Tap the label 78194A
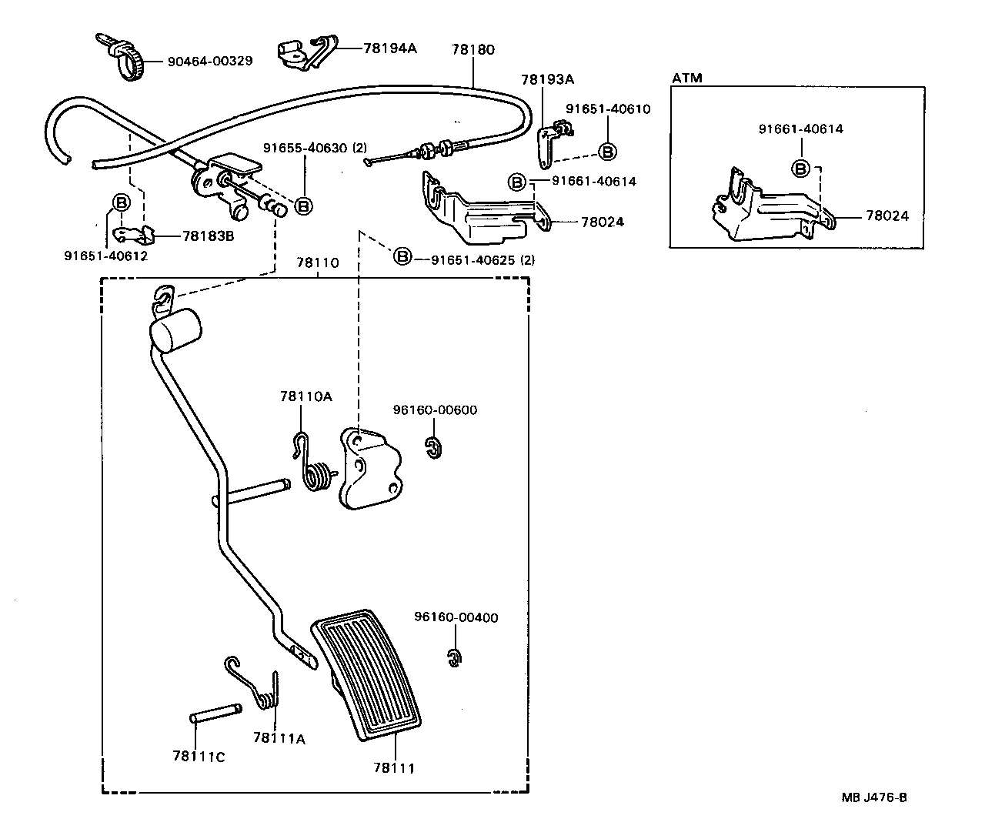click(x=389, y=48)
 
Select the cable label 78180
click(x=472, y=49)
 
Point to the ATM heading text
click(x=686, y=79)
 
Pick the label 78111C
click(x=199, y=756)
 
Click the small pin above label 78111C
click(x=215, y=714)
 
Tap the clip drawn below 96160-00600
click(x=434, y=447)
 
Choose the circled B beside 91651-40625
click(x=402, y=256)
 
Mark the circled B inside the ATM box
click(x=800, y=168)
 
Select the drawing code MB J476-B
click(x=873, y=797)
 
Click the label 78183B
click(x=208, y=236)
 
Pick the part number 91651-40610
click(x=607, y=109)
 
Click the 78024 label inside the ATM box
click(x=886, y=216)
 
